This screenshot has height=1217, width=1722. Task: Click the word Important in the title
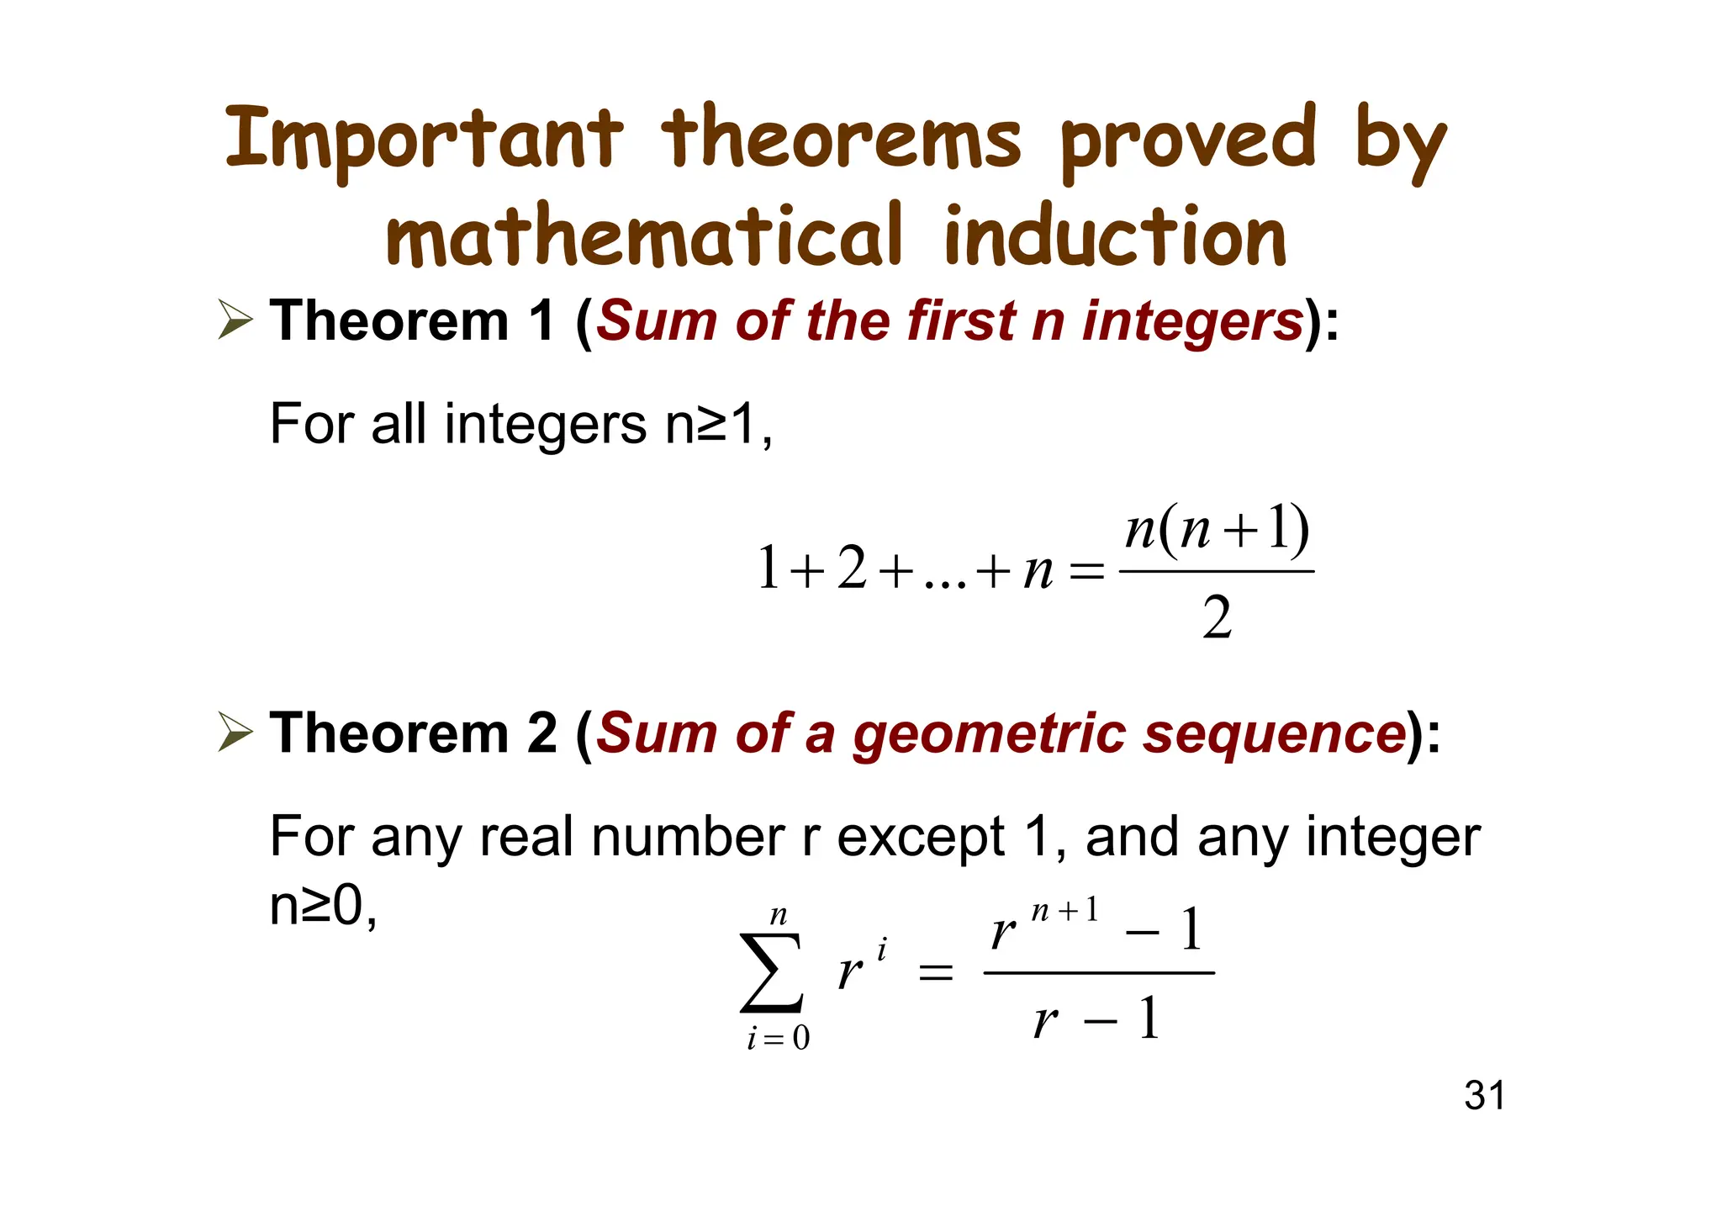(x=425, y=140)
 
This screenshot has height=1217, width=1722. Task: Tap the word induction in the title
(x=1115, y=236)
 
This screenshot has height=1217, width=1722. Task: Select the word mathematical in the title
(x=644, y=236)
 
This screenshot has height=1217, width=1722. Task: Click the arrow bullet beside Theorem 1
(x=235, y=320)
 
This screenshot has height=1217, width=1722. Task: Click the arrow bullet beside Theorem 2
(x=235, y=732)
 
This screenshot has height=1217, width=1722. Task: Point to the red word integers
(x=1191, y=322)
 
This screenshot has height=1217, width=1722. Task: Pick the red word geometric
(x=989, y=733)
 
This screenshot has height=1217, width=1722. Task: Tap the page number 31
(x=1484, y=1096)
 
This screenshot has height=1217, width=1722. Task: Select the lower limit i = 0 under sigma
(x=778, y=1040)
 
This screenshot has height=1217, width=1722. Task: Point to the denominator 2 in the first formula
(x=1217, y=618)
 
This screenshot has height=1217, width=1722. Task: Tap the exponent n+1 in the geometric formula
(x=1064, y=912)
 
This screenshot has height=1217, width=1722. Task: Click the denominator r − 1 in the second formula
(x=1097, y=1020)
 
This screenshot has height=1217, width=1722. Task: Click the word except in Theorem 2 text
(x=921, y=838)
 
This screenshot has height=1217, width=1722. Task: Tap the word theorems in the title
(x=841, y=140)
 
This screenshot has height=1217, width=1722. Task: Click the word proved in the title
(x=1186, y=140)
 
